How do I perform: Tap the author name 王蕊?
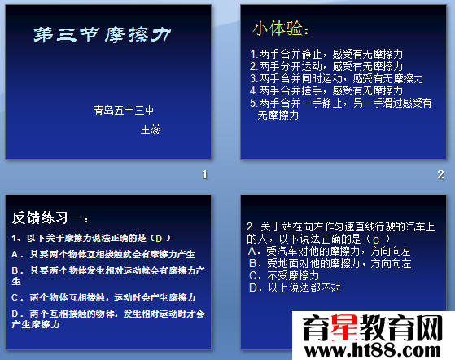point(151,129)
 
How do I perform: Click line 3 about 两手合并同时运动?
point(336,78)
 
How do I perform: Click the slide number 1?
point(206,174)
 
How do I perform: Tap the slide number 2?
point(440,174)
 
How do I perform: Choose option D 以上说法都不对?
point(292,288)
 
